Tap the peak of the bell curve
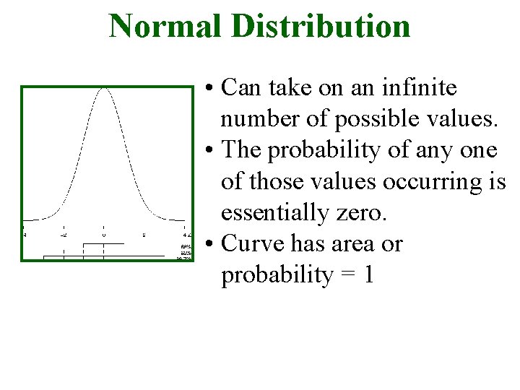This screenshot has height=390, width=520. point(104,89)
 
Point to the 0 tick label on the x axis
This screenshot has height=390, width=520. point(104,235)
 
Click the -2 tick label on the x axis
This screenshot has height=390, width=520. point(64,235)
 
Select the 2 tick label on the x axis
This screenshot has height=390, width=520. point(144,235)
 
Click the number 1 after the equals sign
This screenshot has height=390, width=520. point(368,275)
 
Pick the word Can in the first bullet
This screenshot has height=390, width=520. point(242,88)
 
